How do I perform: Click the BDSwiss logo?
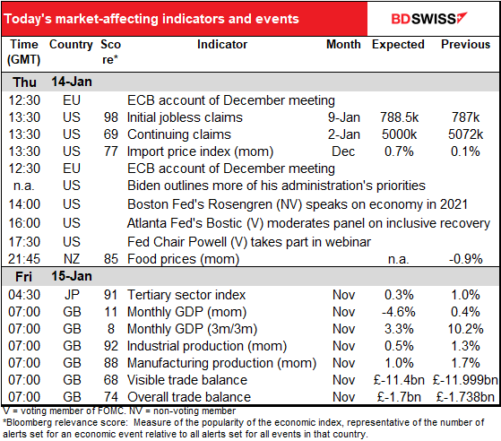429,19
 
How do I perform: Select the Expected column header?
398,45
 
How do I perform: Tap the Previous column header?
465,45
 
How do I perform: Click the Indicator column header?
222,45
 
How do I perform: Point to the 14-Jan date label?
72,82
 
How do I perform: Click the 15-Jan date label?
72,276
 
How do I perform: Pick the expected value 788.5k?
399,117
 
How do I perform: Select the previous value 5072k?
465,134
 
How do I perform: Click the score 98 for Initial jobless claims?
111,117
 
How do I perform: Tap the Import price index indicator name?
200,151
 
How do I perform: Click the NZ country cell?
72,259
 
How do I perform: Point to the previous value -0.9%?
465,259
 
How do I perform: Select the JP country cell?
72,295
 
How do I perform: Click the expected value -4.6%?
399,312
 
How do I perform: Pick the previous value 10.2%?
465,329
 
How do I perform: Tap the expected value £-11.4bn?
399,380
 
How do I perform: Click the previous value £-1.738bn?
465,397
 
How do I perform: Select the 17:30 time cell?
24,242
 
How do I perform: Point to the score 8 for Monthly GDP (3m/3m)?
111,329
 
